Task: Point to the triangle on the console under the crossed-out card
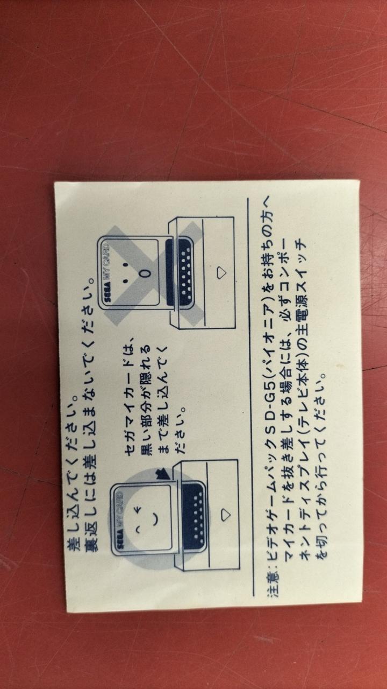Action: [221, 273]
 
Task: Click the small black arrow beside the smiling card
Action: [163, 475]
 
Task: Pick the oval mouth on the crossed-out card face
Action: [147, 273]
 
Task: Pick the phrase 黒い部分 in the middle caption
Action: [146, 520]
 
